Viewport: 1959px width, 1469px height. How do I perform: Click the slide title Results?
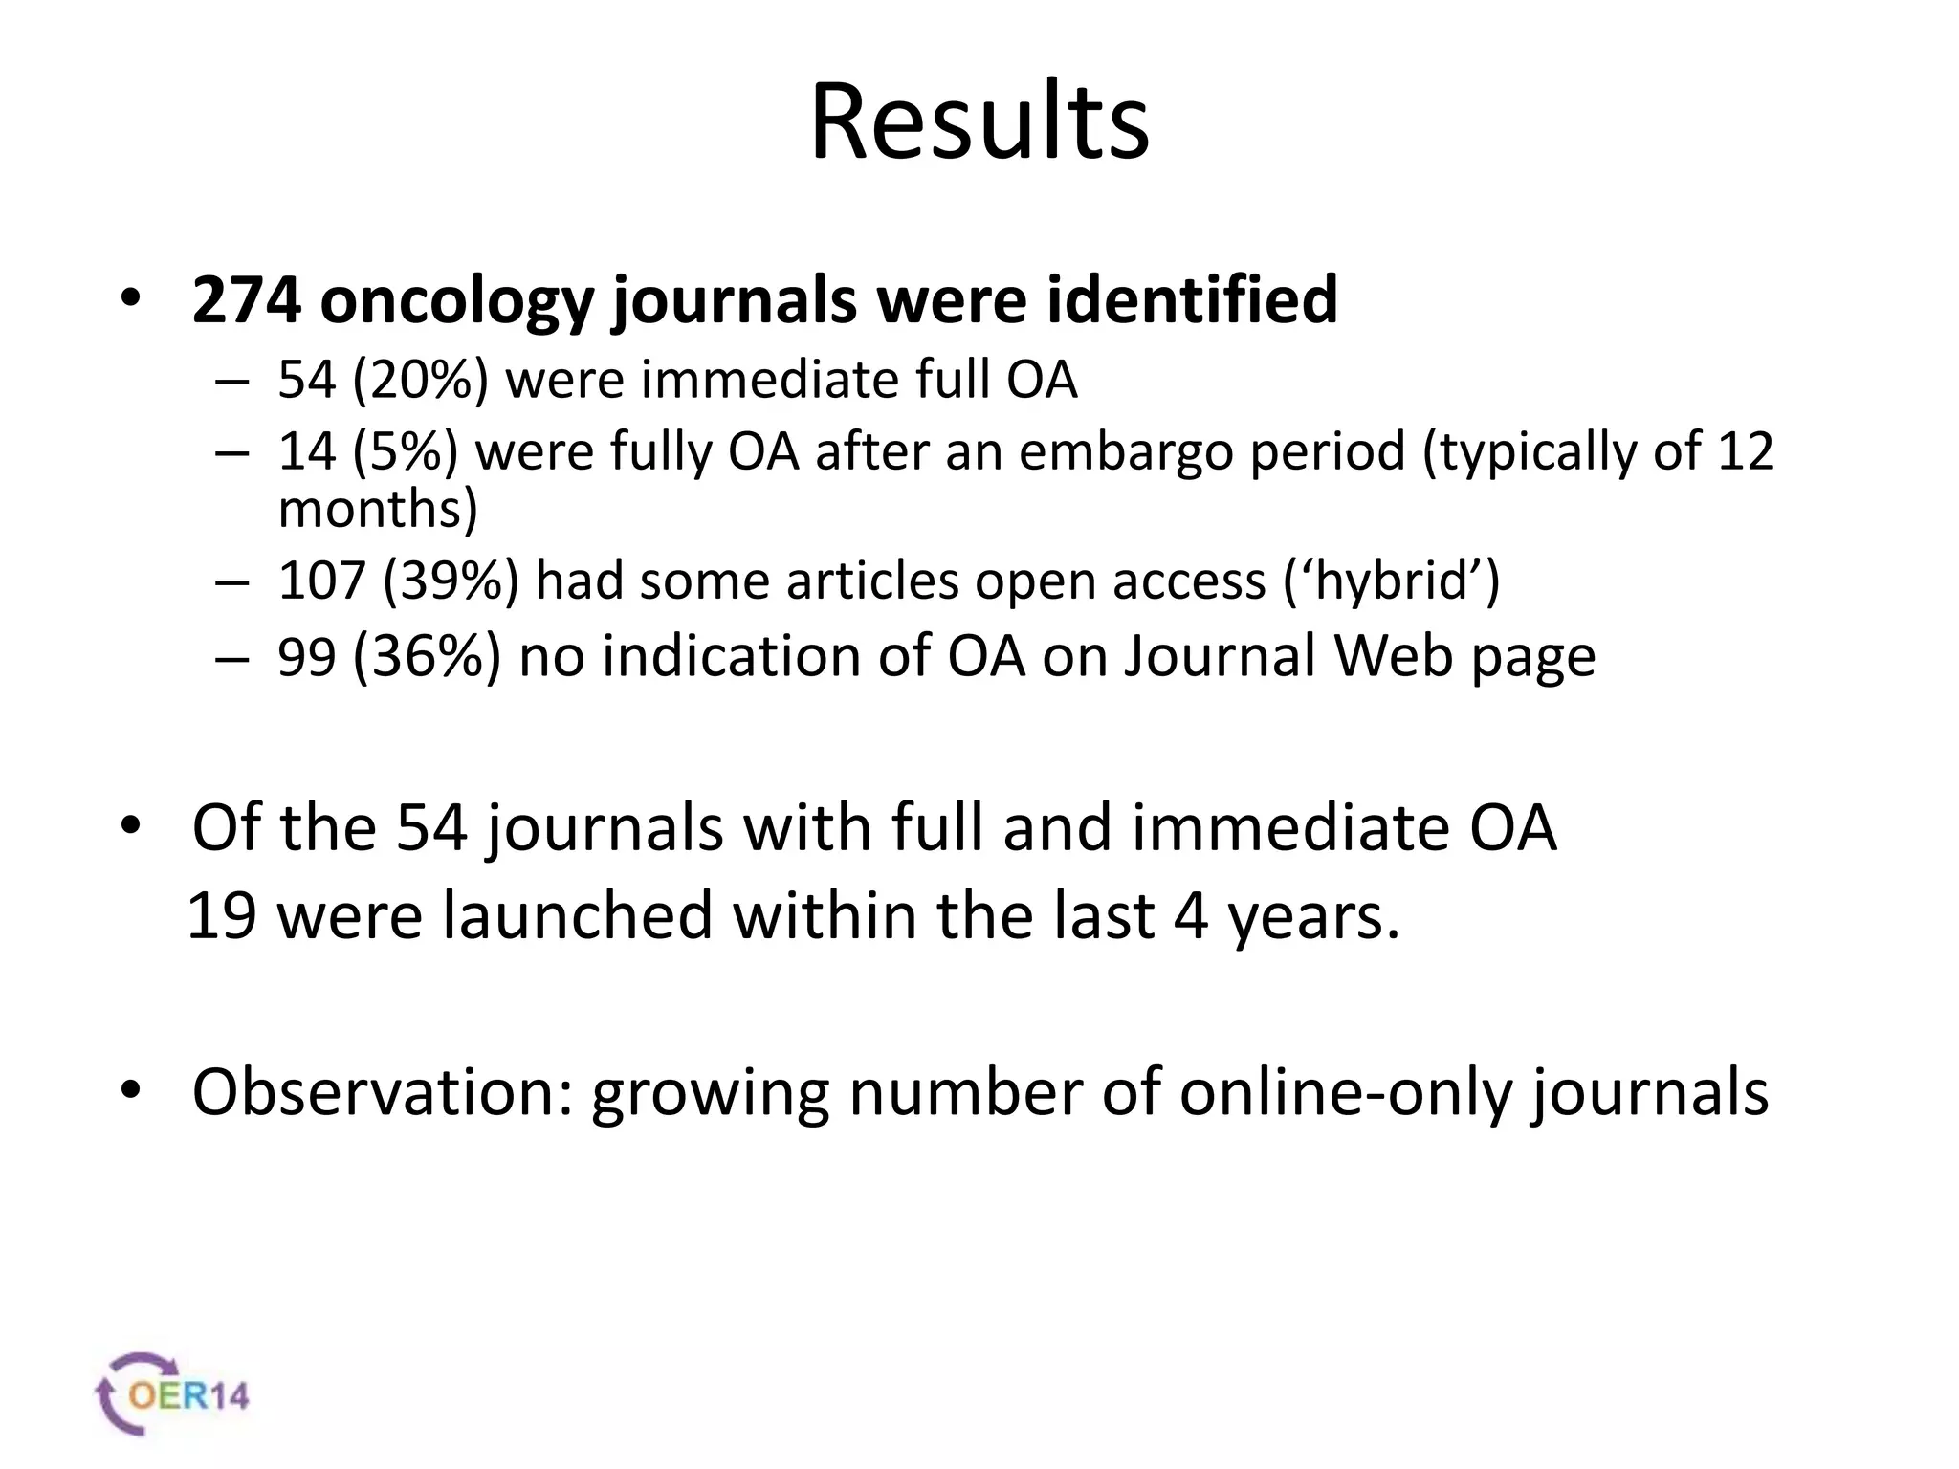pos(979,122)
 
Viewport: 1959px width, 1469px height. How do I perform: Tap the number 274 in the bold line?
pos(247,300)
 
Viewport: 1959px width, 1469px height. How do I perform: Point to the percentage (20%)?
pos(420,380)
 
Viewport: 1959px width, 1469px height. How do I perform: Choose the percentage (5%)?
pos(405,450)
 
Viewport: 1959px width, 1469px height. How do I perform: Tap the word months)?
pos(378,509)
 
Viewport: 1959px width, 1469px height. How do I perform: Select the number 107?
pos(322,581)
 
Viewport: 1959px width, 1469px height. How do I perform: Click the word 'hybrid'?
pos(1392,581)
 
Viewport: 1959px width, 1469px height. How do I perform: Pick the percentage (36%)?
pos(427,657)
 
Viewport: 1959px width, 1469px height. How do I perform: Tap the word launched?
pos(578,915)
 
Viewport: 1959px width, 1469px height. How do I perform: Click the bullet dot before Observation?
pos(131,1089)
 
